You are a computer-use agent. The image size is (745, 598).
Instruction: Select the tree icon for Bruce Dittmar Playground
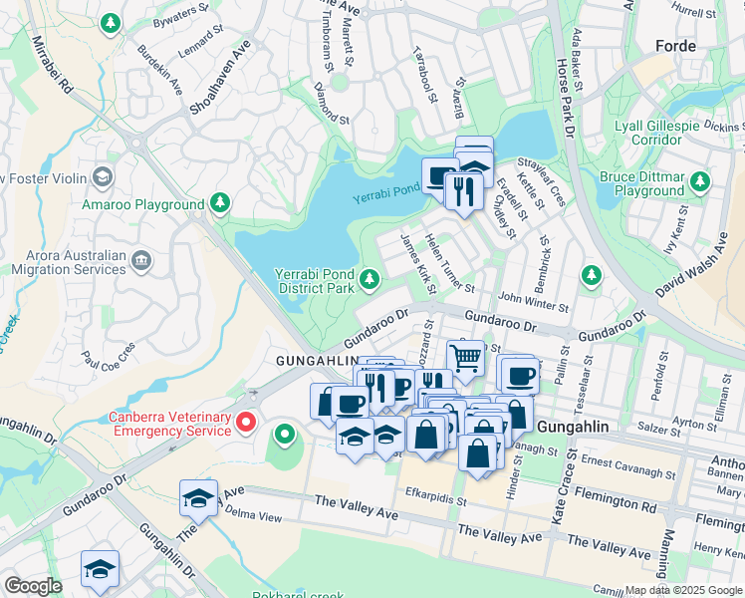coord(701,181)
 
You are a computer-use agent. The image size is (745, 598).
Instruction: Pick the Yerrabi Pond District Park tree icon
coord(371,279)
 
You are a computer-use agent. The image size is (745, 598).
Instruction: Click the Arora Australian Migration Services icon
coord(140,261)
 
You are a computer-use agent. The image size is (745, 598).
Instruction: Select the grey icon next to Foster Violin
coord(102,177)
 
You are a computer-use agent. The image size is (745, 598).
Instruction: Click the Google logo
coord(33,586)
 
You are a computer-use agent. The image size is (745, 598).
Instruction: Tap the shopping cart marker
coord(465,357)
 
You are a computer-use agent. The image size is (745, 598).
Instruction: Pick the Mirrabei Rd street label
coord(53,66)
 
